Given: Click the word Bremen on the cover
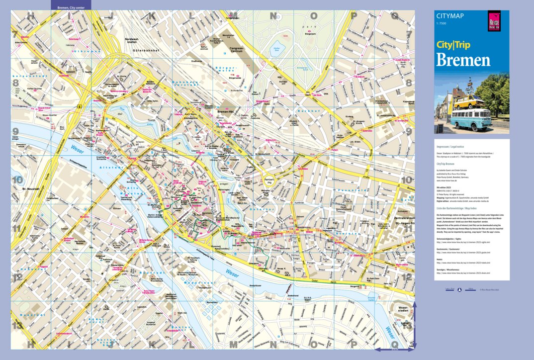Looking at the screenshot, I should coord(463,60).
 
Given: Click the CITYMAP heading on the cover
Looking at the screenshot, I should coord(450,16).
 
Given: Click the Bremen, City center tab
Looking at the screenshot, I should coord(71,8).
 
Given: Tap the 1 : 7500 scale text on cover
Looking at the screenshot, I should coord(442,24).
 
